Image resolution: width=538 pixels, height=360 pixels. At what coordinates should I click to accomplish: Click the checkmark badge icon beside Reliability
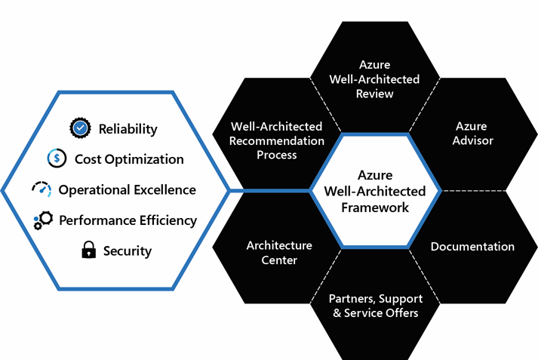tap(80, 128)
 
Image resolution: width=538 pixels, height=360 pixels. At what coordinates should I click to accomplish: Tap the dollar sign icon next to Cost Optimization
tap(57, 158)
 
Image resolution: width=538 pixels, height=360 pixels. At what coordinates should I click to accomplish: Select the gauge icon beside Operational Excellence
tap(41, 189)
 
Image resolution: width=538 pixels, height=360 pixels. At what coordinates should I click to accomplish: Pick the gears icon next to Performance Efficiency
tap(42, 220)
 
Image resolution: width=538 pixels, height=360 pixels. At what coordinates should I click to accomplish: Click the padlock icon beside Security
tap(89, 251)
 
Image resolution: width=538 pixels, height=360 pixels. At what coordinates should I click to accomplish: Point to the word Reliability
tap(128, 129)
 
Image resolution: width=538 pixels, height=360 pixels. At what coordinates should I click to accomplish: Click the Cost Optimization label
tap(129, 159)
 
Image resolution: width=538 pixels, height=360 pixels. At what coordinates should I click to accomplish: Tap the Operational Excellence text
tap(128, 189)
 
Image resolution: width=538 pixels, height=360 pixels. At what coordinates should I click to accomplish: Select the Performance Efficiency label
tap(128, 220)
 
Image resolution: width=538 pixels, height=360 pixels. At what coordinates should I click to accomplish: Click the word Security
tap(128, 251)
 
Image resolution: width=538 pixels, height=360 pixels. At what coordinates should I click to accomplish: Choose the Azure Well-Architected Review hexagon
tap(375, 79)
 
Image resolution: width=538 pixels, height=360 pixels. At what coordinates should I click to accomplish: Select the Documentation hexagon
tap(472, 247)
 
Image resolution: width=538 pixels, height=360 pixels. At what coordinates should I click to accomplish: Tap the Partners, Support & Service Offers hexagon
tap(375, 305)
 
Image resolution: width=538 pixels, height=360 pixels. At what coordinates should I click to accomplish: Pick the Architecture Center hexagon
tap(279, 253)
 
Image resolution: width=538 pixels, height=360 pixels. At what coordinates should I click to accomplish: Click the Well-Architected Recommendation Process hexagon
tap(278, 140)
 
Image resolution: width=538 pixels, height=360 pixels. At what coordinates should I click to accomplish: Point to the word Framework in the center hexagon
tap(375, 207)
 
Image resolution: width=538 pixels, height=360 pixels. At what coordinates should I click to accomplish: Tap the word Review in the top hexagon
tap(375, 94)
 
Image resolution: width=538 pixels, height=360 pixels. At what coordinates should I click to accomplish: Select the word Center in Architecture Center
tap(279, 260)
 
